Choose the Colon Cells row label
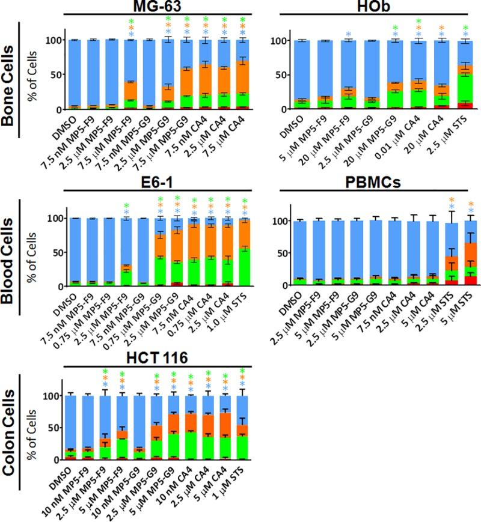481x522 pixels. tap(10, 425)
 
